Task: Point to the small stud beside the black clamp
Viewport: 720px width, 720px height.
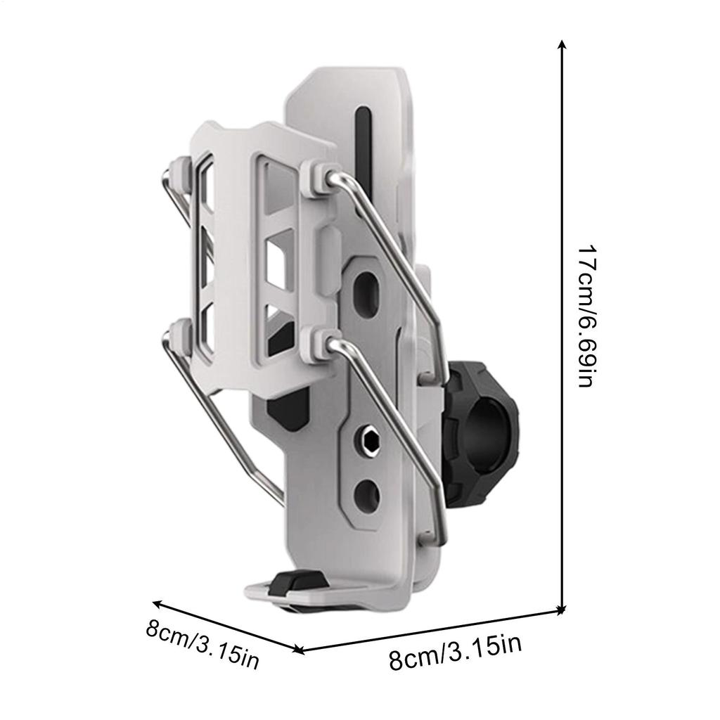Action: click(x=427, y=379)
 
